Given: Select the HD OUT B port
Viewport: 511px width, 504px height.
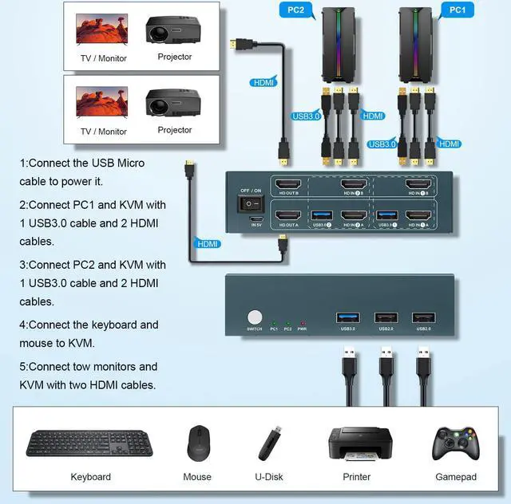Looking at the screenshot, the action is [x=287, y=185].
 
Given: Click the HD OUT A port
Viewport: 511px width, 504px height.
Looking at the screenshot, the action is [x=287, y=216].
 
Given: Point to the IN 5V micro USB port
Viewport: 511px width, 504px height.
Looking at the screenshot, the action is [x=256, y=219].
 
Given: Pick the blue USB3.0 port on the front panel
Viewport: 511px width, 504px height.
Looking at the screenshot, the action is [x=348, y=317].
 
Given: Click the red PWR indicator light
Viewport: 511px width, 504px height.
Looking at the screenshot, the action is [x=302, y=321].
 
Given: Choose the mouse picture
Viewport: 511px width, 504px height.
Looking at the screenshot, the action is [x=197, y=443].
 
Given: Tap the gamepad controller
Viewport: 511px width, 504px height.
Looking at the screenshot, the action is [x=454, y=443].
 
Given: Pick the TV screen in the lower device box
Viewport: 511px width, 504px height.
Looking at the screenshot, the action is [x=101, y=104].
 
